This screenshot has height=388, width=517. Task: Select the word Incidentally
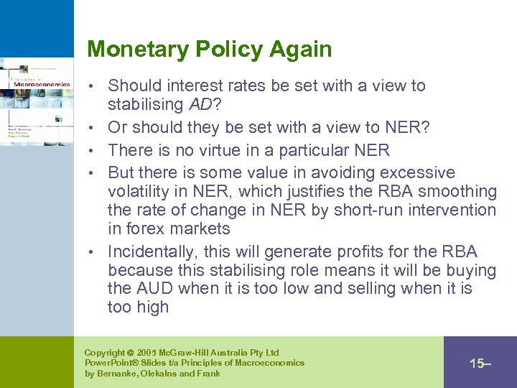tap(152, 252)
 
